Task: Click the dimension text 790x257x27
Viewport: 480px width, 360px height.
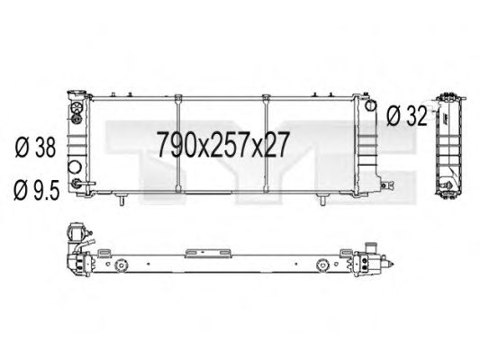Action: (222, 142)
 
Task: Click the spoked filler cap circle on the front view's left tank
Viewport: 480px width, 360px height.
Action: (77, 111)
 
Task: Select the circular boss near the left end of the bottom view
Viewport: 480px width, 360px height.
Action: (120, 266)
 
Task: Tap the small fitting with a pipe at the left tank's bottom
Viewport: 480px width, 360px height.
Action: (81, 184)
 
